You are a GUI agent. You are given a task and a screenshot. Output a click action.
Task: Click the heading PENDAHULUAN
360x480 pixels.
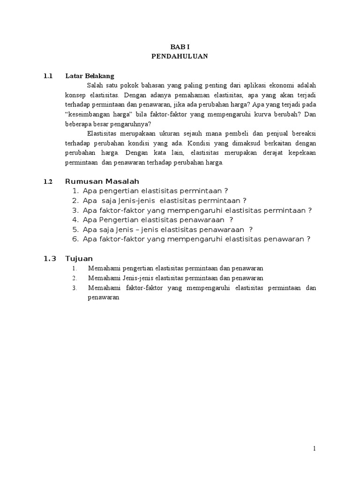(179, 56)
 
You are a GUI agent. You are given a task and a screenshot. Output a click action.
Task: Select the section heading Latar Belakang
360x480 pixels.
(90, 75)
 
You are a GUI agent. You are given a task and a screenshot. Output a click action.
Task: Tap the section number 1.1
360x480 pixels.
(48, 75)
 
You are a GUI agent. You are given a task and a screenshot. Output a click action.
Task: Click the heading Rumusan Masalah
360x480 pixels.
(102, 181)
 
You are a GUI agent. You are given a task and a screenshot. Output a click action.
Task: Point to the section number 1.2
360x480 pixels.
(48, 182)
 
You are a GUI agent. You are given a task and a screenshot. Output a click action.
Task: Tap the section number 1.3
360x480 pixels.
(50, 258)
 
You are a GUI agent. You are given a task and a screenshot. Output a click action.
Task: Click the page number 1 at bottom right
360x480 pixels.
(315, 449)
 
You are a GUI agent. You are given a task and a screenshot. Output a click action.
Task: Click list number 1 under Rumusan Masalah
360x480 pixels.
(75, 191)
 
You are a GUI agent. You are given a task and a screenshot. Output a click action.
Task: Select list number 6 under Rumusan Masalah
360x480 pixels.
(75, 239)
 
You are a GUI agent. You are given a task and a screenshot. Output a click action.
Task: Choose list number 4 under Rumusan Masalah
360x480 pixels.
(75, 220)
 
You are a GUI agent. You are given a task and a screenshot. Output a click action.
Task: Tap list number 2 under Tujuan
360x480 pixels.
(74, 278)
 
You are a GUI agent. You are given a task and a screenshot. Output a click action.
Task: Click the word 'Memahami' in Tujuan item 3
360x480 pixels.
(101, 288)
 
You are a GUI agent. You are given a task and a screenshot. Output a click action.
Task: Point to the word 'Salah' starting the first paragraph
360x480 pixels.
(95, 85)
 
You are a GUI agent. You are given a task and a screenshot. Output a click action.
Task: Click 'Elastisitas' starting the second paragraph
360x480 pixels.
(102, 134)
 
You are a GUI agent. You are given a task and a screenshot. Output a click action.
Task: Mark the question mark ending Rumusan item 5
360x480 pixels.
(251, 230)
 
